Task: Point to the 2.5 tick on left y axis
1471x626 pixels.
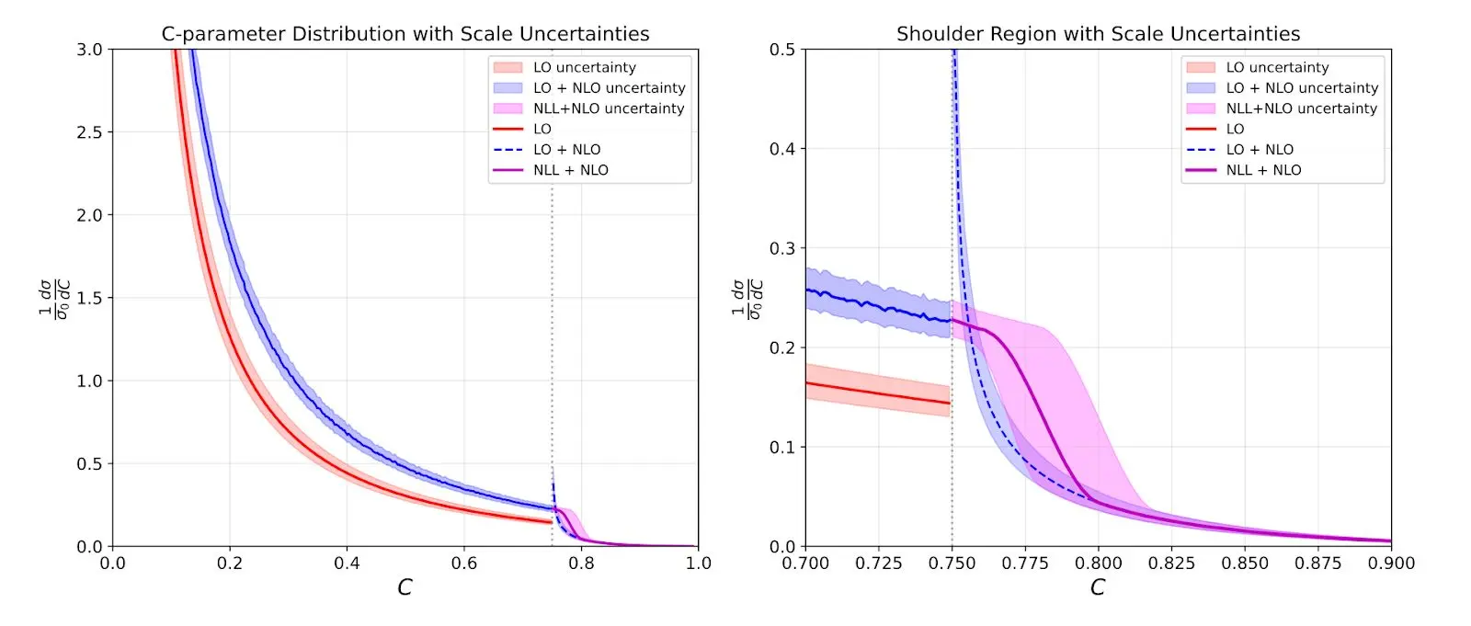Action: pyautogui.click(x=89, y=132)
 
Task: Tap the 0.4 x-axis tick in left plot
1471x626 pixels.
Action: pyautogui.click(x=347, y=563)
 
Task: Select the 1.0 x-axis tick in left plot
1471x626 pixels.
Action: pyautogui.click(x=698, y=563)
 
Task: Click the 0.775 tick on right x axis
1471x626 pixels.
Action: pyautogui.click(x=1025, y=563)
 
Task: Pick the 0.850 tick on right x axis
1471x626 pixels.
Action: pyautogui.click(x=1245, y=563)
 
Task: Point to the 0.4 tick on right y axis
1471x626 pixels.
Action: pyautogui.click(x=782, y=149)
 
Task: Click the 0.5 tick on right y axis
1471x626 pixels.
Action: pyautogui.click(x=782, y=50)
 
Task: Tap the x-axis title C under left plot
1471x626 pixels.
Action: pyautogui.click(x=405, y=587)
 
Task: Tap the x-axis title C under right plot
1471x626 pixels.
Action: pyautogui.click(x=1098, y=587)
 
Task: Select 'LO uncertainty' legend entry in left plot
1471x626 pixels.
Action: pyautogui.click(x=584, y=67)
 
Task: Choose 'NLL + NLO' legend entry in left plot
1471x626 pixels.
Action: pyautogui.click(x=570, y=170)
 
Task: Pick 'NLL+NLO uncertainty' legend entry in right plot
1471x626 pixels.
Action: pyautogui.click(x=1301, y=108)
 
